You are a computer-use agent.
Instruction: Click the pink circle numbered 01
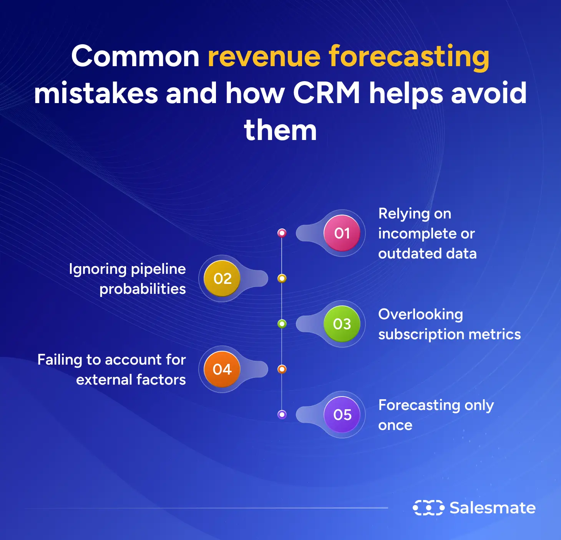(x=342, y=233)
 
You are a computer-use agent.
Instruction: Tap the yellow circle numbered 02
(x=222, y=278)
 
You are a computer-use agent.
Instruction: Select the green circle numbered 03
(x=342, y=324)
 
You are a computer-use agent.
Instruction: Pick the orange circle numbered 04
(x=222, y=369)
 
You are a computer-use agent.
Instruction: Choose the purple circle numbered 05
(x=342, y=415)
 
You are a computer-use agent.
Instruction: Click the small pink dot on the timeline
(x=282, y=233)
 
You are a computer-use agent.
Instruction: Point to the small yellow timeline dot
(x=282, y=278)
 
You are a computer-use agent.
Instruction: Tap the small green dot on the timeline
(x=282, y=324)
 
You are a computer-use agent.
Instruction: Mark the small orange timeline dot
(x=282, y=369)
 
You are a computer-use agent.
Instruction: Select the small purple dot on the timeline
(x=282, y=415)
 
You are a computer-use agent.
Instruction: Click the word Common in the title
(x=135, y=57)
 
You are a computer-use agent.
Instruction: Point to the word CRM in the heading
(x=327, y=93)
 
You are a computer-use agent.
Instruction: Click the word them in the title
(x=280, y=130)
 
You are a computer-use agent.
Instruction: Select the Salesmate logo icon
(x=428, y=508)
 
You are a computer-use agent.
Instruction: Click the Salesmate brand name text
(x=493, y=508)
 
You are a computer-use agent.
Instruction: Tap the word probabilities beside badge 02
(x=143, y=289)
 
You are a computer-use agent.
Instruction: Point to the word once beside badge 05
(x=395, y=425)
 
